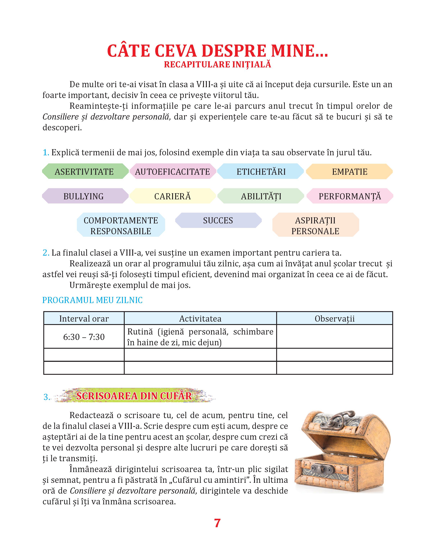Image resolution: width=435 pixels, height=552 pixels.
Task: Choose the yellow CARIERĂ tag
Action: (173, 196)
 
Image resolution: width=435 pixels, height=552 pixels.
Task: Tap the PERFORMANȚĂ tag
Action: (350, 196)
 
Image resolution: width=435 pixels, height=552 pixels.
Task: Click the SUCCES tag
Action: (218, 220)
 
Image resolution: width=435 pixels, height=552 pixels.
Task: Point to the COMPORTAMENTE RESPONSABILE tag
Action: (121, 225)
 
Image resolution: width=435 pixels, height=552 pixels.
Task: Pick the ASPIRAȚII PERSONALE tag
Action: (315, 225)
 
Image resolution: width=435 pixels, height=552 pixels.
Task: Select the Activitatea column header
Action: (200, 318)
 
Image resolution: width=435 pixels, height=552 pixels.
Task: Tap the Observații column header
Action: (334, 318)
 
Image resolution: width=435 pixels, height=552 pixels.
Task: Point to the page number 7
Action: (217, 523)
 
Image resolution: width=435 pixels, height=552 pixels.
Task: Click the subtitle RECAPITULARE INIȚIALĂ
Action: (217, 65)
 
